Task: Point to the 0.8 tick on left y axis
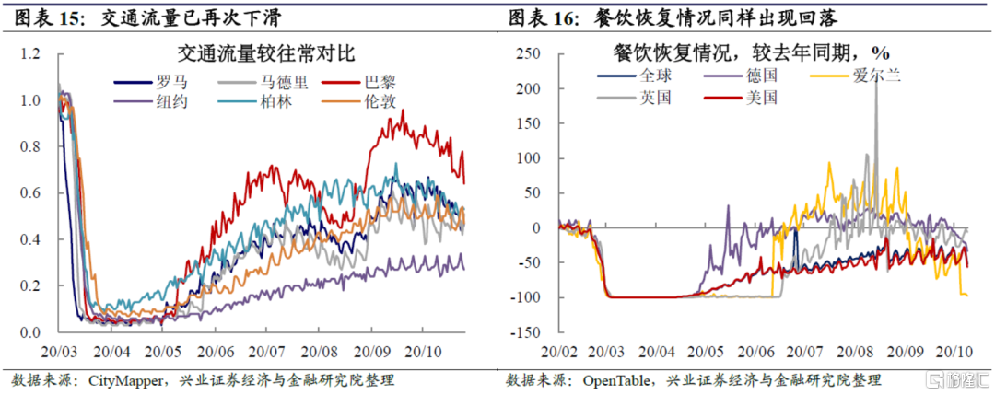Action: (30, 147)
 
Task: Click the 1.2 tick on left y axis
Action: (30, 54)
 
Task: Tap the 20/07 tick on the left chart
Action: (267, 352)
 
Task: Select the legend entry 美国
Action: (759, 96)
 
